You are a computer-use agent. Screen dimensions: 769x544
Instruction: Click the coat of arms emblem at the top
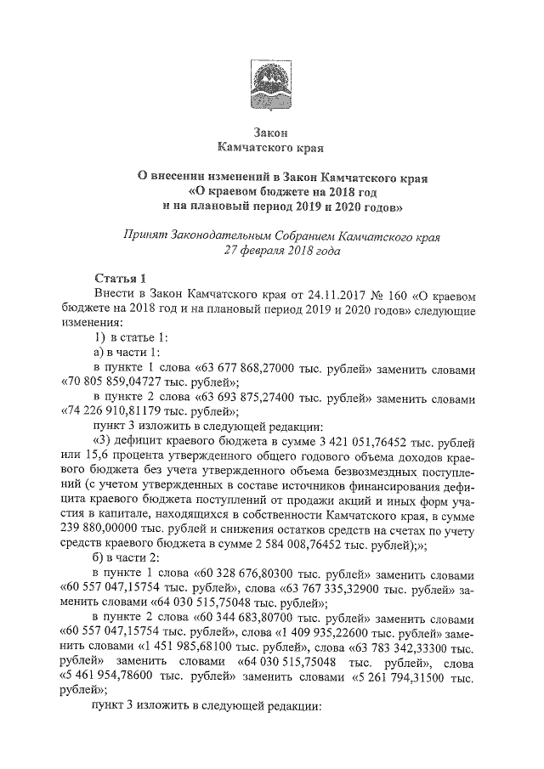272,85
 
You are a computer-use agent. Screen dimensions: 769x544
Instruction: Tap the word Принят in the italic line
147,235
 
